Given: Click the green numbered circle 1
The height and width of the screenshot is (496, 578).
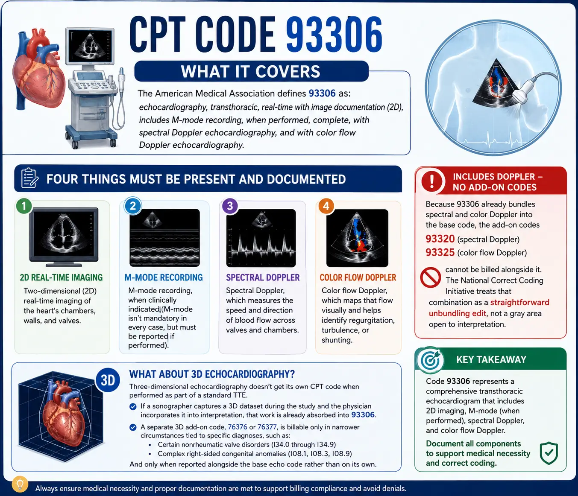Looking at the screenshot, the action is (x=24, y=206).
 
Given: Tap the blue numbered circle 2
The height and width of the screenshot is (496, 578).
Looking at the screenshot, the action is (x=133, y=206).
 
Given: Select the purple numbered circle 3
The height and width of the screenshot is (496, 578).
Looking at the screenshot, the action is (x=230, y=206).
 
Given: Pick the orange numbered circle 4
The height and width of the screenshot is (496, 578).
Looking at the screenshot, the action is (x=326, y=206).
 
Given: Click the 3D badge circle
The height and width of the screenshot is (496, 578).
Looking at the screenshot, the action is (x=108, y=380).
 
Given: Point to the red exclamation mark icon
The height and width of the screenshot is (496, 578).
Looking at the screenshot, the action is (x=432, y=181).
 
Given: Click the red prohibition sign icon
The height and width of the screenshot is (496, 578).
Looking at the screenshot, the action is (x=430, y=277).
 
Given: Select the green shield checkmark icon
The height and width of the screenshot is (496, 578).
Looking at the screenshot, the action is (x=549, y=453).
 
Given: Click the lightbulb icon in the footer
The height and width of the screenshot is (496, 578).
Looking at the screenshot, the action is (x=20, y=484).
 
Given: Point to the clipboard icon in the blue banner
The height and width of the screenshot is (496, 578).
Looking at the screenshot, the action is (x=29, y=178).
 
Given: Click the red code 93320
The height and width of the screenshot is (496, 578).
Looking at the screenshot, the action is (x=440, y=239).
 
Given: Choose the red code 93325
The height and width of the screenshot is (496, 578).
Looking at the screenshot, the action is (x=440, y=253).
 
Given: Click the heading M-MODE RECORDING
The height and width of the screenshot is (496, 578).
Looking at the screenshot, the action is (x=164, y=277).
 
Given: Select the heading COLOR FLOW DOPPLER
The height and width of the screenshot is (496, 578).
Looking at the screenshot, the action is (x=358, y=277).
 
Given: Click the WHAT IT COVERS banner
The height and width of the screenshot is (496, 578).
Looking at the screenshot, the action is (x=251, y=71).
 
